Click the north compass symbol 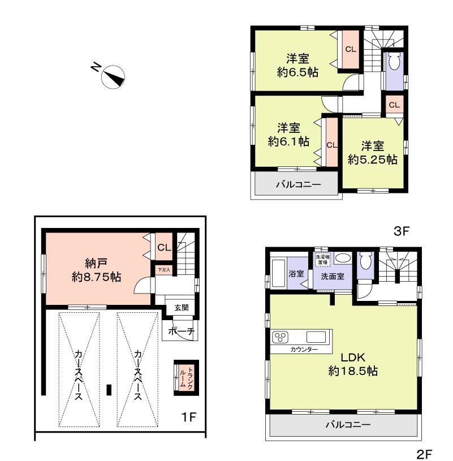[x=114, y=76]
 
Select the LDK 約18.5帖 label [x=353, y=364]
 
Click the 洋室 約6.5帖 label [x=297, y=64]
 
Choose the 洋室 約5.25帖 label [x=372, y=152]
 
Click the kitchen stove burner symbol [x=281, y=338]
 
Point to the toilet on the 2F [x=366, y=262]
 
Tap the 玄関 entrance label [x=181, y=308]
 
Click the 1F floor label [x=188, y=417]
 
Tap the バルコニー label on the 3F [x=297, y=184]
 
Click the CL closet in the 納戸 [x=164, y=247]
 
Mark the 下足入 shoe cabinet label [x=163, y=269]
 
